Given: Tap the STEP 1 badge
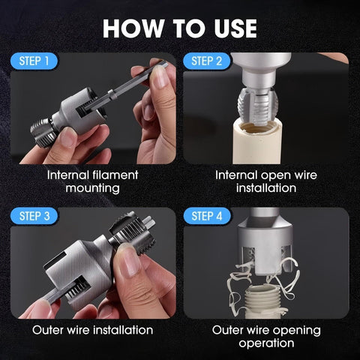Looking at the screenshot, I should click(35, 61).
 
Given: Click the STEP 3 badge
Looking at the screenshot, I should click(35, 216).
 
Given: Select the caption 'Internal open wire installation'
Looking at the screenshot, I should click(265, 181).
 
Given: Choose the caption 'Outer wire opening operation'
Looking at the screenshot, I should click(265, 336).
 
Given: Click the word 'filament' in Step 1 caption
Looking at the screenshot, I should click(115, 174).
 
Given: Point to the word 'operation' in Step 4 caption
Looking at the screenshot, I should click(265, 343).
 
